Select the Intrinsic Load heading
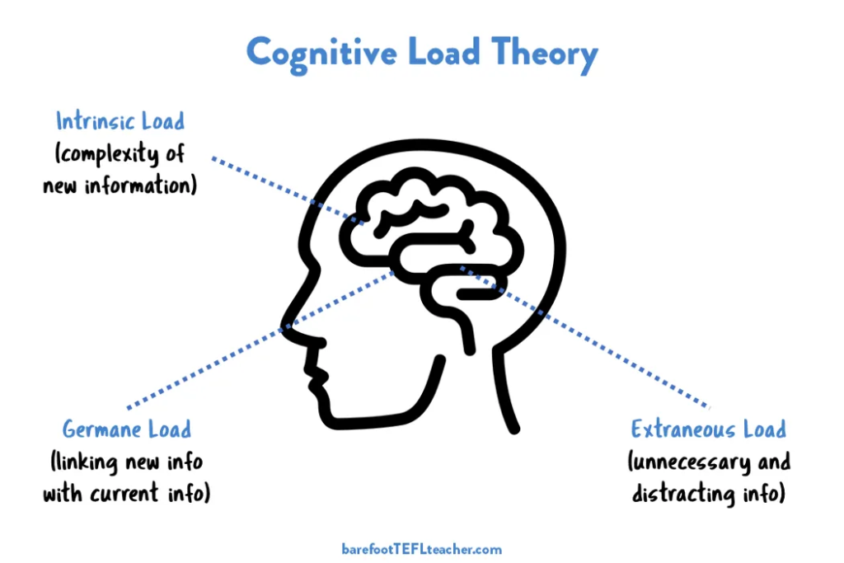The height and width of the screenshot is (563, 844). (120, 122)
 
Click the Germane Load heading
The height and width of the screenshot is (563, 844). (127, 429)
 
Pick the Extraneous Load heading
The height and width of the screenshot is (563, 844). (708, 429)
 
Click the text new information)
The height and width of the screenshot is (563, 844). (120, 185)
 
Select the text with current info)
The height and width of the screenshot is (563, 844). (127, 494)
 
